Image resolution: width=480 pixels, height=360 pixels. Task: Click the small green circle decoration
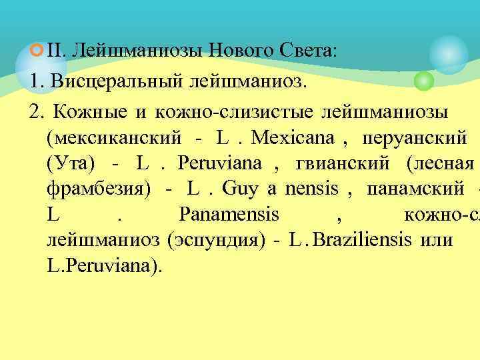[423, 82]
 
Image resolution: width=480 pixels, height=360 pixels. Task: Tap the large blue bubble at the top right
[448, 53]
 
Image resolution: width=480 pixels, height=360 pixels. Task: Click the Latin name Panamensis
[229, 215]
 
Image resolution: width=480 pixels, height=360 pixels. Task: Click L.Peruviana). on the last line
[105, 265]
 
